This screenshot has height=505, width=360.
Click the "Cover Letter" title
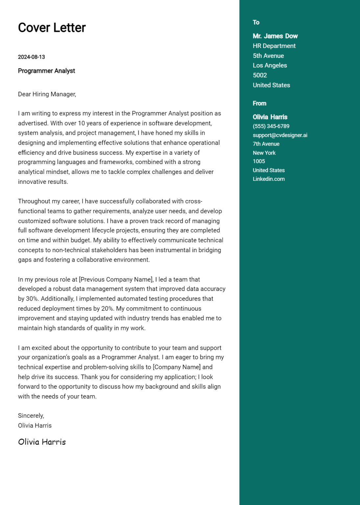(52, 28)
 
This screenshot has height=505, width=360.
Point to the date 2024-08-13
(31, 57)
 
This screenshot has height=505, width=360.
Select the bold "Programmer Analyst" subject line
(46, 71)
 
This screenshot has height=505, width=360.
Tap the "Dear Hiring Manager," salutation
(47, 94)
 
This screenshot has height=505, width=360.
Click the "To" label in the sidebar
(256, 22)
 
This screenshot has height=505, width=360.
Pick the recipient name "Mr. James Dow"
(275, 36)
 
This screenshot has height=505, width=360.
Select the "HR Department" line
(274, 46)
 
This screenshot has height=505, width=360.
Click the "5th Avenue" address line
(268, 56)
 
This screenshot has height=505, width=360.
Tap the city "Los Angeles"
(270, 65)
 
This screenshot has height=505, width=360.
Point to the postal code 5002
(259, 75)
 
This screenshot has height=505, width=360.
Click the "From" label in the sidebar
(259, 104)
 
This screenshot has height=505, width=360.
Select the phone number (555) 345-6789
(271, 126)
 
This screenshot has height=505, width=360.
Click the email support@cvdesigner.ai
(280, 135)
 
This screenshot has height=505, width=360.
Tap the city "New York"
(264, 153)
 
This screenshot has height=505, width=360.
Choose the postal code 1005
(259, 161)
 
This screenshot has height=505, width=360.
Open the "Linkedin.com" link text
(269, 179)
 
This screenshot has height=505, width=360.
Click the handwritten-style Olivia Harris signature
(42, 442)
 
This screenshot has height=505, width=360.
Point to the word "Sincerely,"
(31, 416)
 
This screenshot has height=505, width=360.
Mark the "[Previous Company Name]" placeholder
(116, 279)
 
